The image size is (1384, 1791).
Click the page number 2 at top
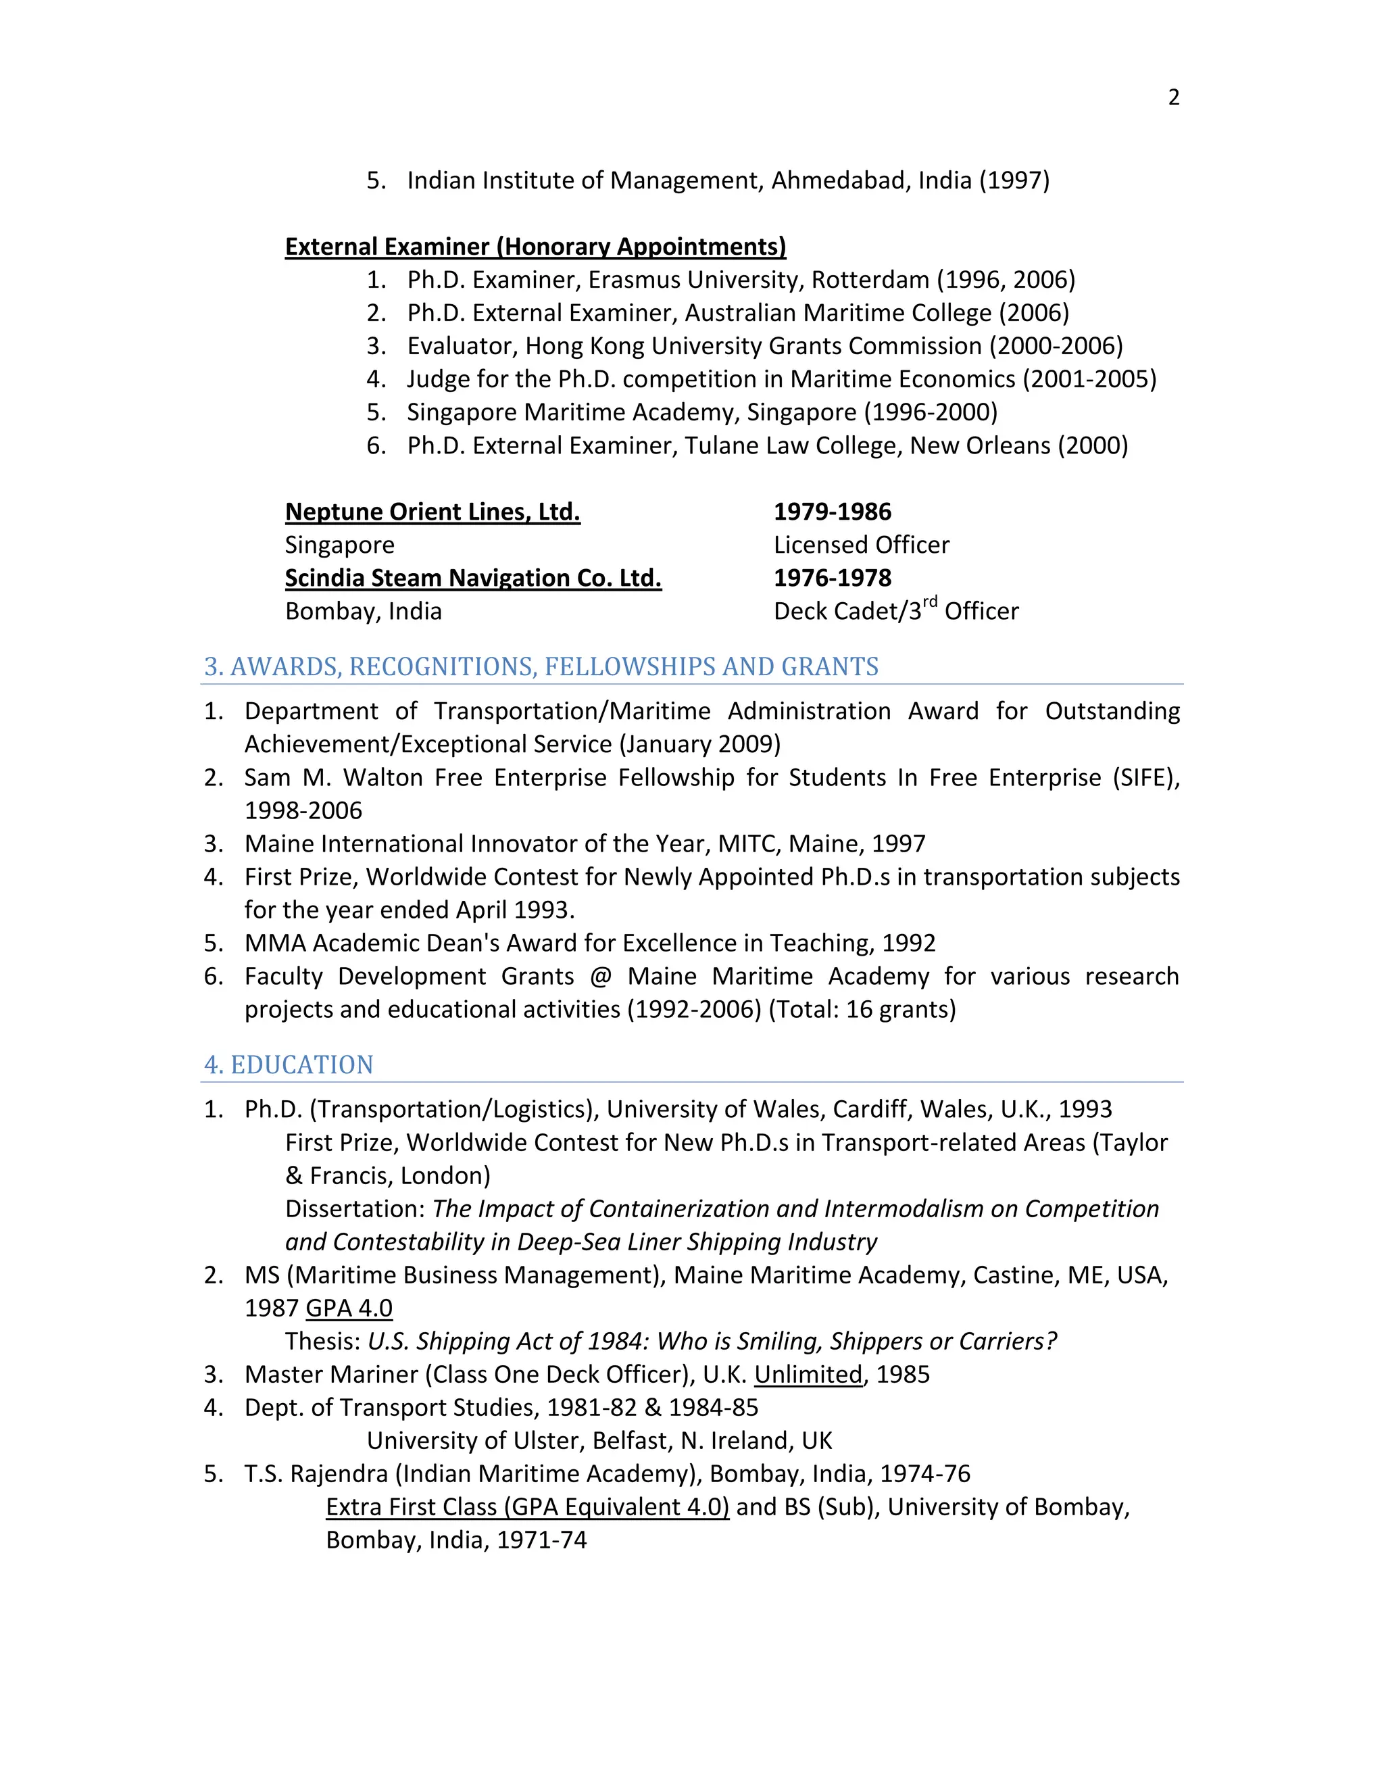point(1173,97)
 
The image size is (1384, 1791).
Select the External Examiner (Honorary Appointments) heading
point(535,247)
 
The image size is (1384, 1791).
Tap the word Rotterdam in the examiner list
point(870,280)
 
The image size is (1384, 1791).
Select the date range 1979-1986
point(832,512)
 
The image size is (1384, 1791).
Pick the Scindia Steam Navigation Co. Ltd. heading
point(473,579)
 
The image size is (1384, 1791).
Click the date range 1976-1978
point(832,579)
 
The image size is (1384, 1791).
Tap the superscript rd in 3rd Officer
point(930,604)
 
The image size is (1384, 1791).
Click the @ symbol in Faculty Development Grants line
point(600,977)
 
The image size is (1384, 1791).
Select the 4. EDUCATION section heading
point(289,1065)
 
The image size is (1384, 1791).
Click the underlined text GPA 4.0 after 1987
point(349,1309)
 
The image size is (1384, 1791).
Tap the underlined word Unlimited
point(808,1375)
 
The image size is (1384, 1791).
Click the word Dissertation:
point(355,1210)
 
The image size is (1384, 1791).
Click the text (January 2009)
point(700,745)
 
